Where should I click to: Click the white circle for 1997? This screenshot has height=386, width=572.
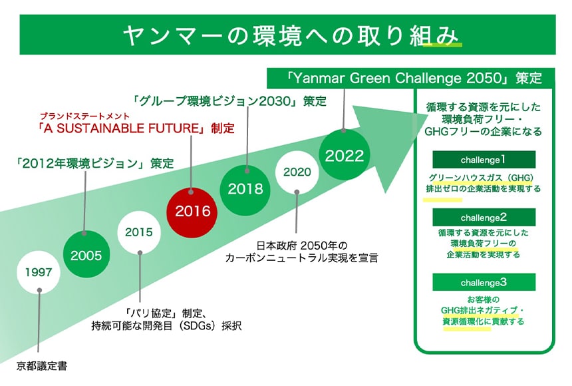pyautogui.click(x=39, y=272)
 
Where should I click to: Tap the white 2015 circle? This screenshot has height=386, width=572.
pyautogui.click(x=139, y=233)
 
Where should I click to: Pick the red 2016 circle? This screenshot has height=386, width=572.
pyautogui.click(x=192, y=212)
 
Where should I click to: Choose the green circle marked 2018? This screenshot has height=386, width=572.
pyautogui.click(x=245, y=189)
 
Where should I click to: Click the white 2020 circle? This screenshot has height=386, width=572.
pyautogui.click(x=297, y=172)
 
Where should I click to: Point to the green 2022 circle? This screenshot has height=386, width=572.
pyautogui.click(x=345, y=156)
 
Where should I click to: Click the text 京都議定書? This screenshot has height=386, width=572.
pyautogui.click(x=43, y=365)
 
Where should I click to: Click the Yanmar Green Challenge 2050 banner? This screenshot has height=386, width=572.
pyautogui.click(x=410, y=77)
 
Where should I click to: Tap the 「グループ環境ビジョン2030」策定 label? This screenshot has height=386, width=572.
pyautogui.click(x=229, y=102)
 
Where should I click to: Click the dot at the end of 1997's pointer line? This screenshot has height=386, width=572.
pyautogui.click(x=39, y=290)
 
